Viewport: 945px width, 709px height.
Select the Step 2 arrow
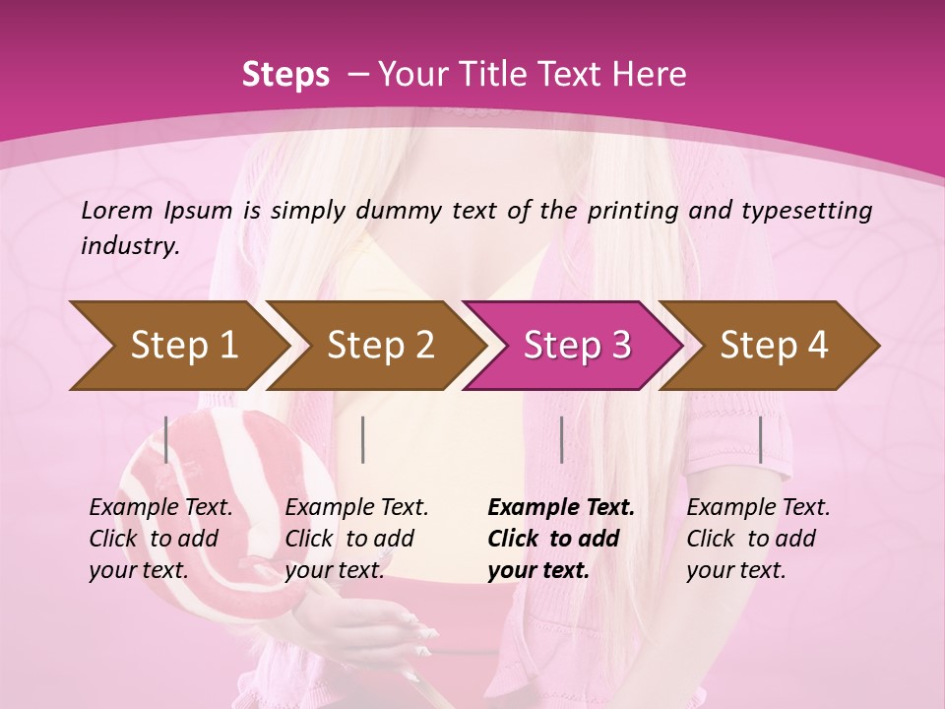click(x=379, y=346)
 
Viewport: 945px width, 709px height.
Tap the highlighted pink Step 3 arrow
click(x=576, y=346)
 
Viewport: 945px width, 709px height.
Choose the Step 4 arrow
click(x=773, y=346)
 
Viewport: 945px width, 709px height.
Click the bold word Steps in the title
click(x=285, y=74)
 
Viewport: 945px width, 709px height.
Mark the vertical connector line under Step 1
click(x=166, y=439)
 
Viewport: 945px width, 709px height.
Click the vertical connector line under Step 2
click(x=363, y=439)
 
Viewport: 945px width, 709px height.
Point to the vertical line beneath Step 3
click(x=561, y=439)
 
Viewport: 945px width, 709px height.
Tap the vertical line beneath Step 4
click(x=760, y=439)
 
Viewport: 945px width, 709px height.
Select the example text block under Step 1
click(x=160, y=539)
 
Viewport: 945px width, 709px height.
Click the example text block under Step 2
click(x=356, y=539)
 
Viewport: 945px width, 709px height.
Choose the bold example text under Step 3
click(x=561, y=539)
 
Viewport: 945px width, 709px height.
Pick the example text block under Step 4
click(x=758, y=539)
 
